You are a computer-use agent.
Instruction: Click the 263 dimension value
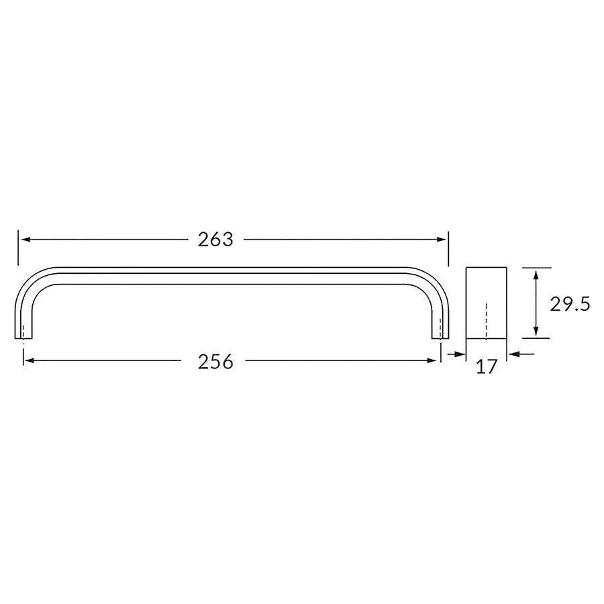point(215,240)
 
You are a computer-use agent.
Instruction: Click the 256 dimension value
point(215,362)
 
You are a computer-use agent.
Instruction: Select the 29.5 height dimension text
point(569,304)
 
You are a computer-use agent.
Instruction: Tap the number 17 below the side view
point(487,366)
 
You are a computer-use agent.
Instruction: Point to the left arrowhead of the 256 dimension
point(28,361)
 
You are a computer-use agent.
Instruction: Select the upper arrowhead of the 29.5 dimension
point(536,272)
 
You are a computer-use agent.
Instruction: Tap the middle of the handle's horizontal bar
point(232,276)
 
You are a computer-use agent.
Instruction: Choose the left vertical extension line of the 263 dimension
point(18,248)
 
